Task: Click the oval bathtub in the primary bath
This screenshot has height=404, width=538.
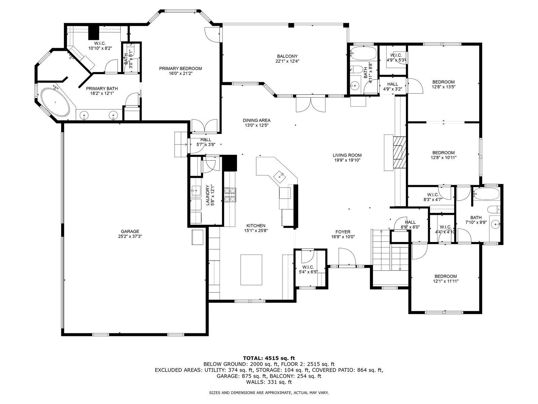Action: [x=55, y=102]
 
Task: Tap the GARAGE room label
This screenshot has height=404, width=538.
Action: [x=130, y=231]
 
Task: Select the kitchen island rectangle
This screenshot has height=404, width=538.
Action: [x=251, y=270]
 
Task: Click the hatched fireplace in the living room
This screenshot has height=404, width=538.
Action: [x=399, y=152]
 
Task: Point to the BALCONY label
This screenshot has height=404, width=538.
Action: [x=287, y=56]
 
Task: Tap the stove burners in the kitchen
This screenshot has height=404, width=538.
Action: [x=230, y=195]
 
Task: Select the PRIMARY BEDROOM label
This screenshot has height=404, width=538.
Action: [x=180, y=68]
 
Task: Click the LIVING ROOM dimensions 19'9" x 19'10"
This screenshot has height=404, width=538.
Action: [x=347, y=160]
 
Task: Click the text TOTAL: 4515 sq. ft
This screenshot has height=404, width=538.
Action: [x=269, y=358]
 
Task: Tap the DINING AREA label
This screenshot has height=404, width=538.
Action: [x=257, y=121]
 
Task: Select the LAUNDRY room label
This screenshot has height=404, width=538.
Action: [x=207, y=195]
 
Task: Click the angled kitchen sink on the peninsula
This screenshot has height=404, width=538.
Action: [x=280, y=176]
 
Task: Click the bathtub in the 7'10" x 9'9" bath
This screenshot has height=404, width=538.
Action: [x=486, y=194]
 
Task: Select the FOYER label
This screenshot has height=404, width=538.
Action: [x=343, y=232]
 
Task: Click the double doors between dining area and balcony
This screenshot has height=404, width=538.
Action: [x=311, y=105]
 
